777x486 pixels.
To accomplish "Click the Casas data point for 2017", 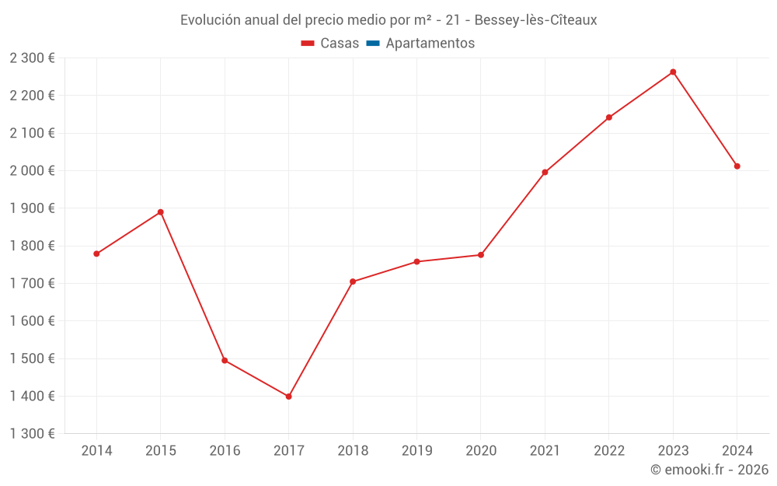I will tap(288, 397).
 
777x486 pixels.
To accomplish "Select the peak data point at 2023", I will tap(673, 72).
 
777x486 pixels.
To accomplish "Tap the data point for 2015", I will tap(161, 212).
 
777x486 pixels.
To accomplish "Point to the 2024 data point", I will tap(737, 166).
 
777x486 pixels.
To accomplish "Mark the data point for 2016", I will tap(225, 361).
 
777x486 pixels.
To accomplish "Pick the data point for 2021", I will tap(545, 173).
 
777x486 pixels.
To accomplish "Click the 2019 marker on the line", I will tap(416, 262).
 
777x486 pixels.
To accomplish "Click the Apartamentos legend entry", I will tap(430, 44).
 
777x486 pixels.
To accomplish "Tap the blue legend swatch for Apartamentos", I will tap(372, 44).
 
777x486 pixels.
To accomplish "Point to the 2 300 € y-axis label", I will tap(32, 58).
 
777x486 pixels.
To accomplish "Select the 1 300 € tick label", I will tap(32, 434).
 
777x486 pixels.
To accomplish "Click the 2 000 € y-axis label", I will tap(32, 171).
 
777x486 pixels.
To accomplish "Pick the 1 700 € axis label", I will tap(32, 284).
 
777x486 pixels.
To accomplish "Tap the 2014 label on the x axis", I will tap(96, 451).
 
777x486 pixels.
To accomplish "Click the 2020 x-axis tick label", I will tap(481, 451).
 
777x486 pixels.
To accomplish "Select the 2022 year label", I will tap(609, 451).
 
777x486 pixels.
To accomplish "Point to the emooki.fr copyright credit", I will tap(709, 470).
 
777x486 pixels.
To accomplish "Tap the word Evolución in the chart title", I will tap(210, 20).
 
